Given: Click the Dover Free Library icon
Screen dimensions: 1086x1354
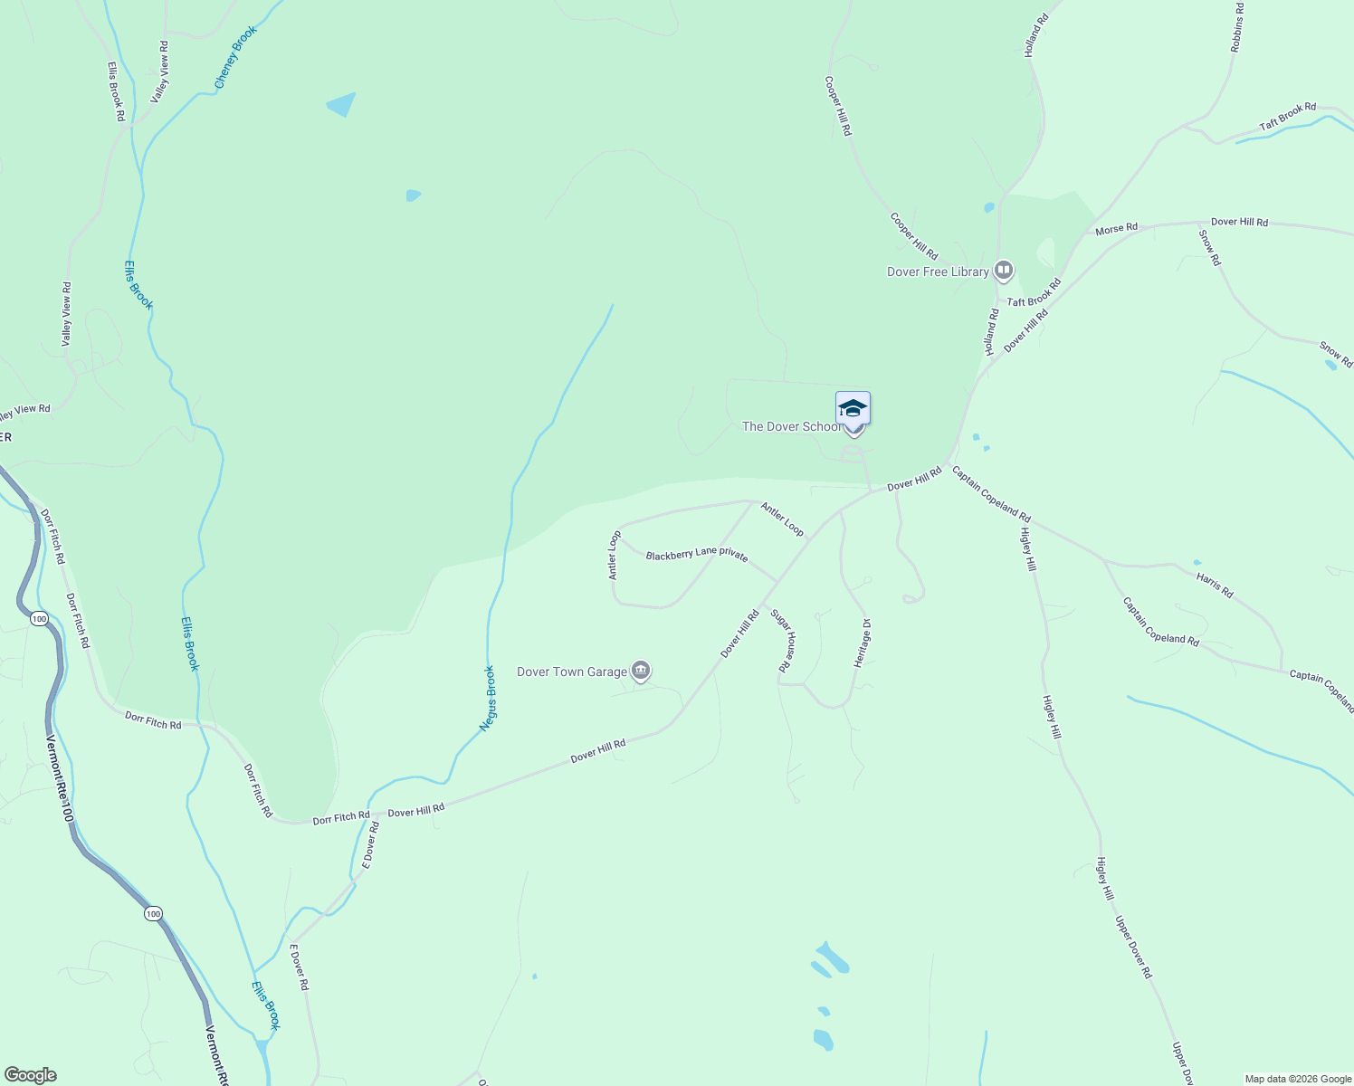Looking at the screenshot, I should click(1003, 271).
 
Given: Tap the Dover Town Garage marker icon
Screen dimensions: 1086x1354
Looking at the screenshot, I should click(641, 671).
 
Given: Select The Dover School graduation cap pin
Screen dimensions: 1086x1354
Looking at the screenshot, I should click(853, 409).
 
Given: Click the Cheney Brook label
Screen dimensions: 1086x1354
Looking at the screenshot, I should click(235, 57).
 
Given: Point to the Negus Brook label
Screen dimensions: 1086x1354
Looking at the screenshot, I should click(489, 698).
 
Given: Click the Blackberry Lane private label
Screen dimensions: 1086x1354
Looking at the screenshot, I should click(697, 555).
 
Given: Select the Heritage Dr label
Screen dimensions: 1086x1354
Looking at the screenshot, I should click(863, 643).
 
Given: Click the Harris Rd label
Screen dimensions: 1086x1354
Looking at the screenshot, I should click(1215, 585).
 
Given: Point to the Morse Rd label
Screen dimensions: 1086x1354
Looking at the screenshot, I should click(1116, 229).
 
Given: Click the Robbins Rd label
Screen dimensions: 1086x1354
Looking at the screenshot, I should click(1237, 27).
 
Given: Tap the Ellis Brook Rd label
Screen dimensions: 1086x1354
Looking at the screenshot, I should click(115, 91).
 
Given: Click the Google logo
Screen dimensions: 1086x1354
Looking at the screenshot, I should click(30, 1075).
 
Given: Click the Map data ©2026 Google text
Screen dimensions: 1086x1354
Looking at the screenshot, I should click(1297, 1079).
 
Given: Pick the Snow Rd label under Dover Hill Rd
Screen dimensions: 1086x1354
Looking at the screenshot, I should click(1210, 248).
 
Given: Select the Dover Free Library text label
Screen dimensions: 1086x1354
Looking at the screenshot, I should click(938, 271).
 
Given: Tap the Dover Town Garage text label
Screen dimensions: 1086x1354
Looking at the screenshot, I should click(572, 672).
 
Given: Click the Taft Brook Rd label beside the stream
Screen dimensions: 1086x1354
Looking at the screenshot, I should click(1287, 117).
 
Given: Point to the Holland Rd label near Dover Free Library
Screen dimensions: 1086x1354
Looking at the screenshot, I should click(992, 332).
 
